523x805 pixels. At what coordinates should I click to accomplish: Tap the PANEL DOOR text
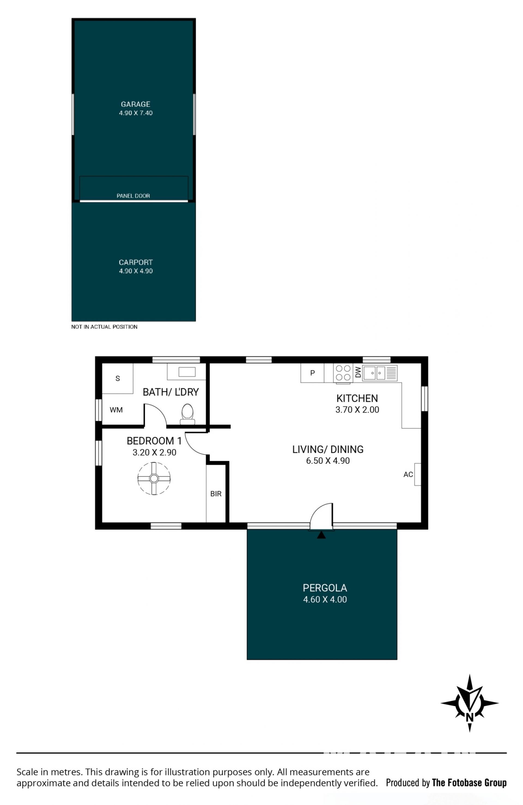[133, 196]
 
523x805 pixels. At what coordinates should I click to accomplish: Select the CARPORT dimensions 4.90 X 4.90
[136, 271]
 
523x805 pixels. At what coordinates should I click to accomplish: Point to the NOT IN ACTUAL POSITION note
[104, 327]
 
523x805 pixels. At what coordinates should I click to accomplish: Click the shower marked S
[117, 378]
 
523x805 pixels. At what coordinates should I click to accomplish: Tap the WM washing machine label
[116, 410]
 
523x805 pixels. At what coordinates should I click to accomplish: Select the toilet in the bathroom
[187, 414]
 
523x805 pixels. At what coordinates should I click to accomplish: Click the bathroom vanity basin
[187, 372]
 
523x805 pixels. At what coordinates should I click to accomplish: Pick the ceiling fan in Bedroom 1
[154, 478]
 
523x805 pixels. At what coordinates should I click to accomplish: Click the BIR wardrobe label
[216, 494]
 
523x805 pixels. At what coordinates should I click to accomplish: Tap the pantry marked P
[312, 373]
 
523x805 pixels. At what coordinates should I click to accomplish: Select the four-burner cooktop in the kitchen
[343, 373]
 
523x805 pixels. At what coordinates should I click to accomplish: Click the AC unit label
[408, 475]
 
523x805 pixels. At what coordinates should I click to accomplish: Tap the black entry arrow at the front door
[321, 535]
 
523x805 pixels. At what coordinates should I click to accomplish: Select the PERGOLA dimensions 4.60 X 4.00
[325, 599]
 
